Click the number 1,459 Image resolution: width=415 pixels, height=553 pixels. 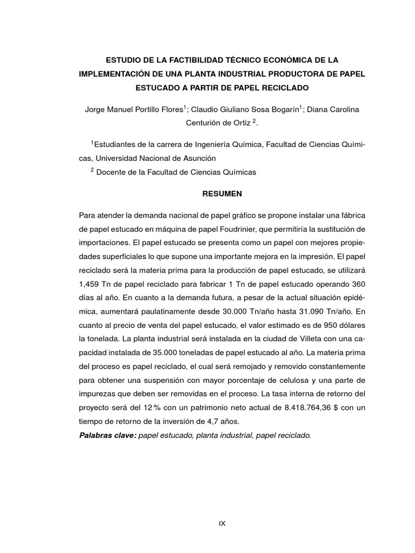pos(90,283)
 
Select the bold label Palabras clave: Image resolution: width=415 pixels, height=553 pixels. pos(108,435)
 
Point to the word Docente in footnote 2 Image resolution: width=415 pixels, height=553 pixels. pos(113,172)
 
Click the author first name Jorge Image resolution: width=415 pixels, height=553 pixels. pos(95,109)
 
